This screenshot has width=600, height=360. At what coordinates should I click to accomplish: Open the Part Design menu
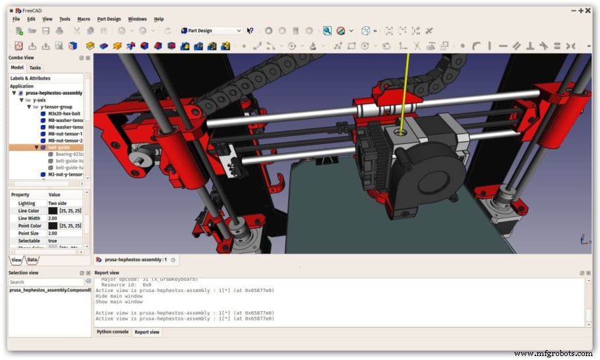tap(109, 19)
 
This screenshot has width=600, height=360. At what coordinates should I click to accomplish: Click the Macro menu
tap(84, 19)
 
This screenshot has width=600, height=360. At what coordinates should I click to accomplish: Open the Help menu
tap(159, 19)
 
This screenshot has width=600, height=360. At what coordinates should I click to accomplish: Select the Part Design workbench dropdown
tap(211, 31)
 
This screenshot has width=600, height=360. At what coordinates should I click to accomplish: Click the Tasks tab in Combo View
tap(35, 68)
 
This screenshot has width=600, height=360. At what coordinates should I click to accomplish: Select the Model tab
tap(17, 68)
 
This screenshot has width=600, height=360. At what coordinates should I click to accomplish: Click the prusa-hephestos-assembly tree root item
tap(53, 93)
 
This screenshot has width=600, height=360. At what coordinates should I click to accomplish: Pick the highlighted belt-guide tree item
tap(59, 148)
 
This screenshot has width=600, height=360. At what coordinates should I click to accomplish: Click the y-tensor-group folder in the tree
tap(56, 107)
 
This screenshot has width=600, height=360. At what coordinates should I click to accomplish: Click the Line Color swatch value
tap(53, 211)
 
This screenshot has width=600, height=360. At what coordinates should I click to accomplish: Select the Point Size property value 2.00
tap(53, 233)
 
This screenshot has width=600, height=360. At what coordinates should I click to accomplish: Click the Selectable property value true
tap(53, 241)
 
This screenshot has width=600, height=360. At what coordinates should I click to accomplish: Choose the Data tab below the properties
tap(32, 260)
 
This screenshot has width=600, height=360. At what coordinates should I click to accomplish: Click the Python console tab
tap(113, 332)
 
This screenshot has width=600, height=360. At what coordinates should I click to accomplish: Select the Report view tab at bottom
tap(146, 332)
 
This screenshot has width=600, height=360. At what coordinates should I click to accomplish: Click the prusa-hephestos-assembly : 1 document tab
tap(136, 260)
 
